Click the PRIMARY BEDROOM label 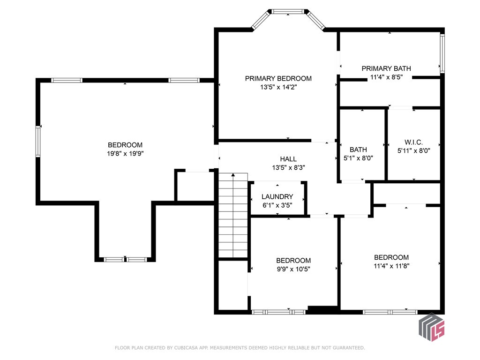tap(278, 78)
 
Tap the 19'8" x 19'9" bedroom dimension tap(125, 153)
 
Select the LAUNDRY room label tap(277, 196)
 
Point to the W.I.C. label tap(413, 142)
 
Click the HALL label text tap(288, 159)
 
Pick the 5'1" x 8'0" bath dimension tap(358, 158)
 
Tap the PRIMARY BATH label tap(386, 68)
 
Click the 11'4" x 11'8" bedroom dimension tap(391, 266)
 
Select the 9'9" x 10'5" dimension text tap(293, 269)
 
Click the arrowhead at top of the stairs tap(233, 175)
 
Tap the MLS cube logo tap(432, 327)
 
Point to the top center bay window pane tap(288, 12)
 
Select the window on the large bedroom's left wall tap(38, 141)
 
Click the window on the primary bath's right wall tap(442, 53)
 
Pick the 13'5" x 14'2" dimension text tap(278, 87)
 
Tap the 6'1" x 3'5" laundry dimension tap(277, 205)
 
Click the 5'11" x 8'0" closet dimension tap(414, 150)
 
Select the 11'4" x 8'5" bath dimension tap(386, 77)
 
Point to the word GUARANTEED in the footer tap(349, 348)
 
